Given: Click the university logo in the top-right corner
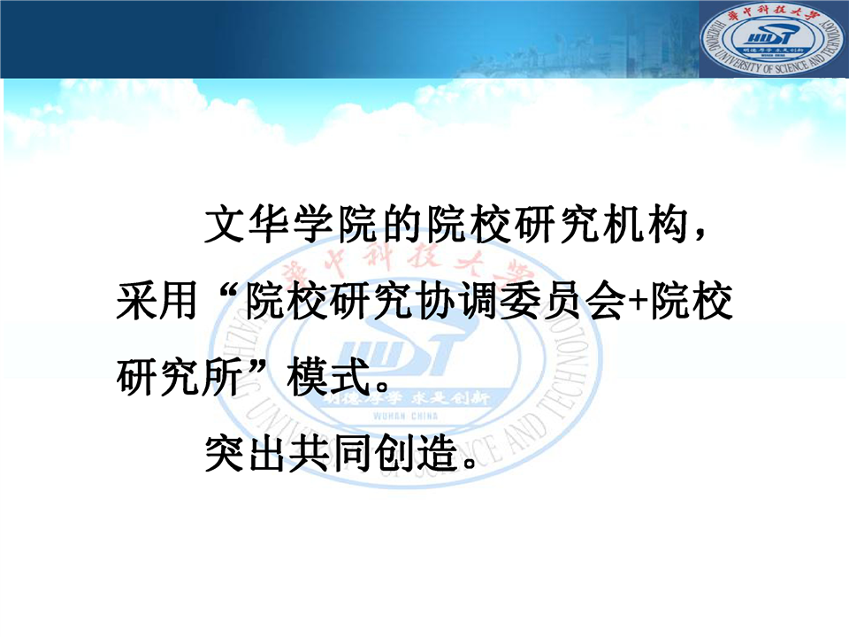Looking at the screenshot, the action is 773,38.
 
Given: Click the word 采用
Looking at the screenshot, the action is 157,301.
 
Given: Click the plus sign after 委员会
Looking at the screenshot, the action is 637,302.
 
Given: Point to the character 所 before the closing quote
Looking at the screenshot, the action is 221,377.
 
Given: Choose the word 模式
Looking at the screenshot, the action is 330,377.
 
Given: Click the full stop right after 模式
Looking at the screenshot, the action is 383,387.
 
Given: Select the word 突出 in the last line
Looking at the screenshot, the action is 244,453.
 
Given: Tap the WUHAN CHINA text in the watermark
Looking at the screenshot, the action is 406,416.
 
